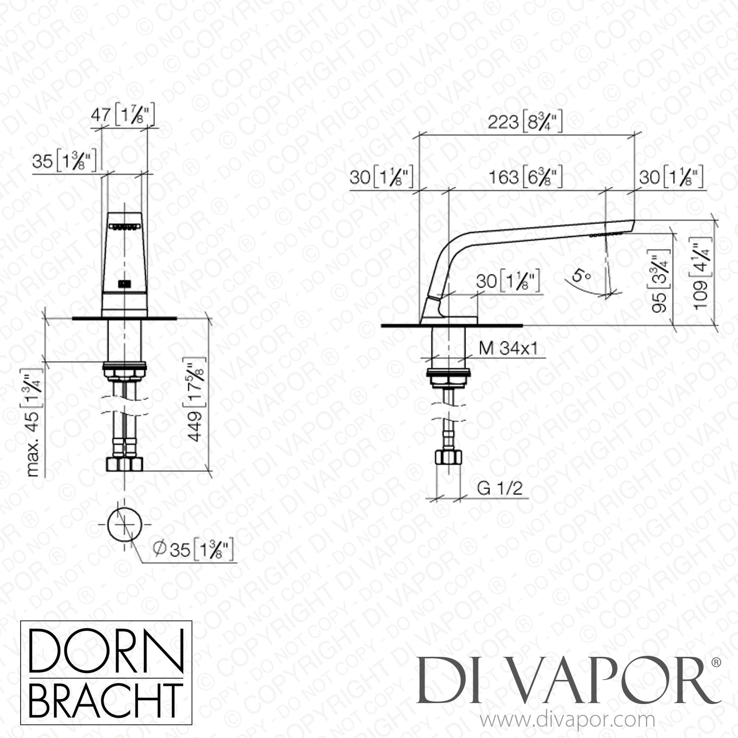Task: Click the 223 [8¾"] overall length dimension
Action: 525,122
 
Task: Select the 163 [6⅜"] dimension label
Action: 525,177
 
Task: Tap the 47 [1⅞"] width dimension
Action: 123,116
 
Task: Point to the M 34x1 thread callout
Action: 508,348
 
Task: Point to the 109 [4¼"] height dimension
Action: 701,276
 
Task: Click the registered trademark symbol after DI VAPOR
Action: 716,663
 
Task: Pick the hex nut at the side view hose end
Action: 447,458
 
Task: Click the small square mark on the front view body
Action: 124,284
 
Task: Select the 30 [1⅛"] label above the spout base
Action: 508,281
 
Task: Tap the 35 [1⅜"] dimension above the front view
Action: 64,160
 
